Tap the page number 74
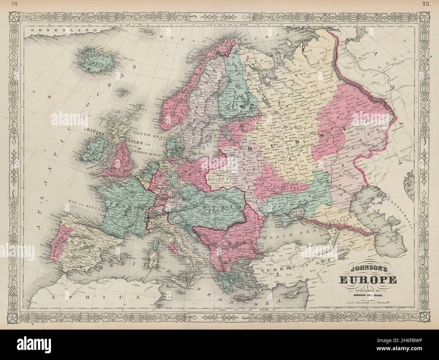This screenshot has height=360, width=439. pos(14,4)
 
